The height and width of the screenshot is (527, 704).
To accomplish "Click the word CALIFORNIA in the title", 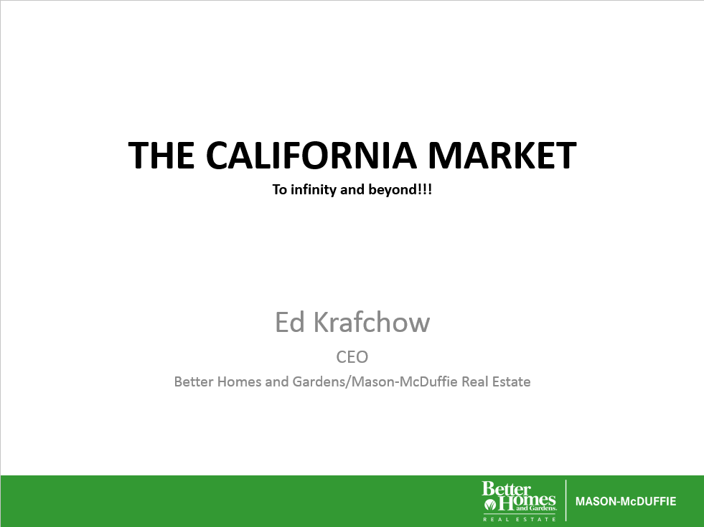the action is (311, 155).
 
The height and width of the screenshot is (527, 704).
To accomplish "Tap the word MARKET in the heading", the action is (502, 155).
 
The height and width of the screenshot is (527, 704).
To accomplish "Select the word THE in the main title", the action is (161, 155).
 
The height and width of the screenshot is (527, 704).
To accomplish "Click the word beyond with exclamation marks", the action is (400, 189).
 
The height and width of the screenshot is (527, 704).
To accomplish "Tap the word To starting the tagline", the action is (279, 189).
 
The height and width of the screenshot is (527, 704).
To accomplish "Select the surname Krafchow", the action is (371, 322).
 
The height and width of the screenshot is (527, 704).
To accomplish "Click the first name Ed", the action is (290, 322).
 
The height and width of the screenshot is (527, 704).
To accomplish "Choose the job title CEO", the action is (352, 357).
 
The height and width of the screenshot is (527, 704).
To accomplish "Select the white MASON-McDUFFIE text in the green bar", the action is (626, 501).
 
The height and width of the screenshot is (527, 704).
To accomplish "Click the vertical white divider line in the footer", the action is (565, 500).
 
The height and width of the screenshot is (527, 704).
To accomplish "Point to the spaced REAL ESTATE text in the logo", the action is (520, 519).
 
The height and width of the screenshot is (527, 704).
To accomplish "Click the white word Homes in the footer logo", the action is (527, 501).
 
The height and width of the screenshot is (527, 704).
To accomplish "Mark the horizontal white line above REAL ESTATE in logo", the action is (520, 513).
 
